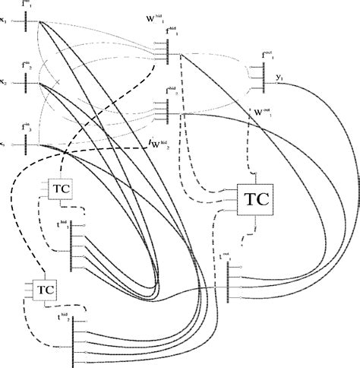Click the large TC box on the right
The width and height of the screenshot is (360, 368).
(254, 199)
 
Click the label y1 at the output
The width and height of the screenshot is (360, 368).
(280, 78)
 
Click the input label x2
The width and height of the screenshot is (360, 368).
(5, 80)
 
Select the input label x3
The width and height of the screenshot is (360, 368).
(5, 142)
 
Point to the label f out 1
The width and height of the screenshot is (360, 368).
(267, 55)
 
